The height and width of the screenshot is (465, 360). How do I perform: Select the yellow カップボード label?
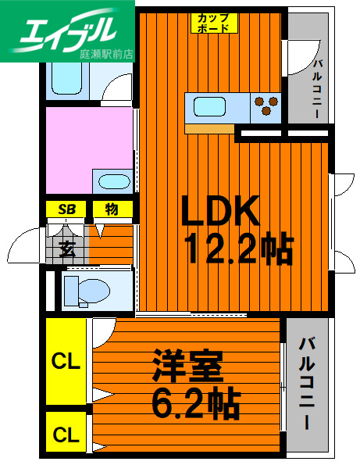[x=213, y=22]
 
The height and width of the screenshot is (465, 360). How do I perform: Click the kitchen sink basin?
[x=209, y=105]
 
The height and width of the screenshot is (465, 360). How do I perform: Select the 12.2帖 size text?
[x=238, y=249]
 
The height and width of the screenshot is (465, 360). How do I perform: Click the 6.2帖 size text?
[x=195, y=404]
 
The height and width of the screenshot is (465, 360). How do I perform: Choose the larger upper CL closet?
[x=66, y=361]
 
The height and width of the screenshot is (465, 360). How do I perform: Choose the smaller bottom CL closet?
[x=66, y=435]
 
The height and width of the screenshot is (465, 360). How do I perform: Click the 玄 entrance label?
[x=66, y=251]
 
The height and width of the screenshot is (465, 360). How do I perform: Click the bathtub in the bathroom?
[x=72, y=77]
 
